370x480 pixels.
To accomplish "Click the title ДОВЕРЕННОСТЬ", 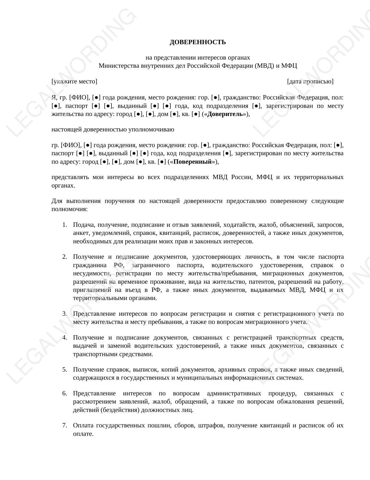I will pyautogui.click(x=198, y=42).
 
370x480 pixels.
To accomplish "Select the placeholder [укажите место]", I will pyautogui.click(x=74, y=81).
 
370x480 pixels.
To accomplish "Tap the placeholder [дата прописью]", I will pyautogui.click(x=310, y=81).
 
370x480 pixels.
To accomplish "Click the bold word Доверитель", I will pyautogui.click(x=225, y=114).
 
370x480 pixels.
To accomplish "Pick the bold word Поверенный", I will pyautogui.click(x=192, y=162).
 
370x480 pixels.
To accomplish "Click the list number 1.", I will pyautogui.click(x=64, y=225).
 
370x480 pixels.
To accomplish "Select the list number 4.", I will pyautogui.click(x=64, y=338).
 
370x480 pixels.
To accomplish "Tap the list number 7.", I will pyautogui.click(x=64, y=426).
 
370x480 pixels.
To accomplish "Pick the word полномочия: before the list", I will pyautogui.click(x=70, y=209).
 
